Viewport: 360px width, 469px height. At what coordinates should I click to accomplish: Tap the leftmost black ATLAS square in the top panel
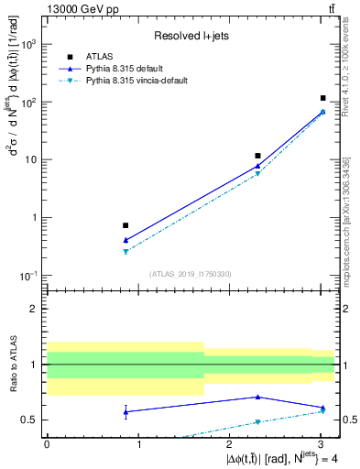pos(125,225)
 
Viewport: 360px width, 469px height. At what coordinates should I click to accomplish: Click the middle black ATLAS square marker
pos(257,156)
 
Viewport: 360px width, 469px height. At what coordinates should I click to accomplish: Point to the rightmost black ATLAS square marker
pos(323,98)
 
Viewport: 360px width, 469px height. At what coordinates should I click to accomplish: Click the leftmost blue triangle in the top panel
pos(125,240)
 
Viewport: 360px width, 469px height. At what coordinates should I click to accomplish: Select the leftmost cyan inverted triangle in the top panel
pos(125,251)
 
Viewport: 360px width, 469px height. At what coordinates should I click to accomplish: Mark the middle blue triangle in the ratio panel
pos(257,397)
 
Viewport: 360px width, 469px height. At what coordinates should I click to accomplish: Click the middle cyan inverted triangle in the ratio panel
pos(257,422)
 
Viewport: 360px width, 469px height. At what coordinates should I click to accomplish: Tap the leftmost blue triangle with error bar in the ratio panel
pos(125,411)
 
